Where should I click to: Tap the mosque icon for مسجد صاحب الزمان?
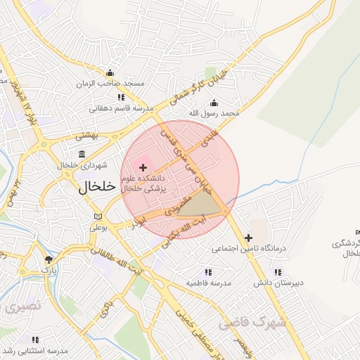pyautogui.click(x=109, y=72)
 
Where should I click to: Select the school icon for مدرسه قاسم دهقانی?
pyautogui.click(x=121, y=97)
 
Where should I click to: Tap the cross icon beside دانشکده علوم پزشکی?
pyautogui.click(x=143, y=167)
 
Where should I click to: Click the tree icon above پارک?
pyautogui.click(x=48, y=259)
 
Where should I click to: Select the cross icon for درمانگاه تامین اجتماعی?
pyautogui.click(x=248, y=238)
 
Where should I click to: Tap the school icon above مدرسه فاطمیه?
pyautogui.click(x=208, y=271)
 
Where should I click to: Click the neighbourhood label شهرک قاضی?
pyautogui.click(x=253, y=323)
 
